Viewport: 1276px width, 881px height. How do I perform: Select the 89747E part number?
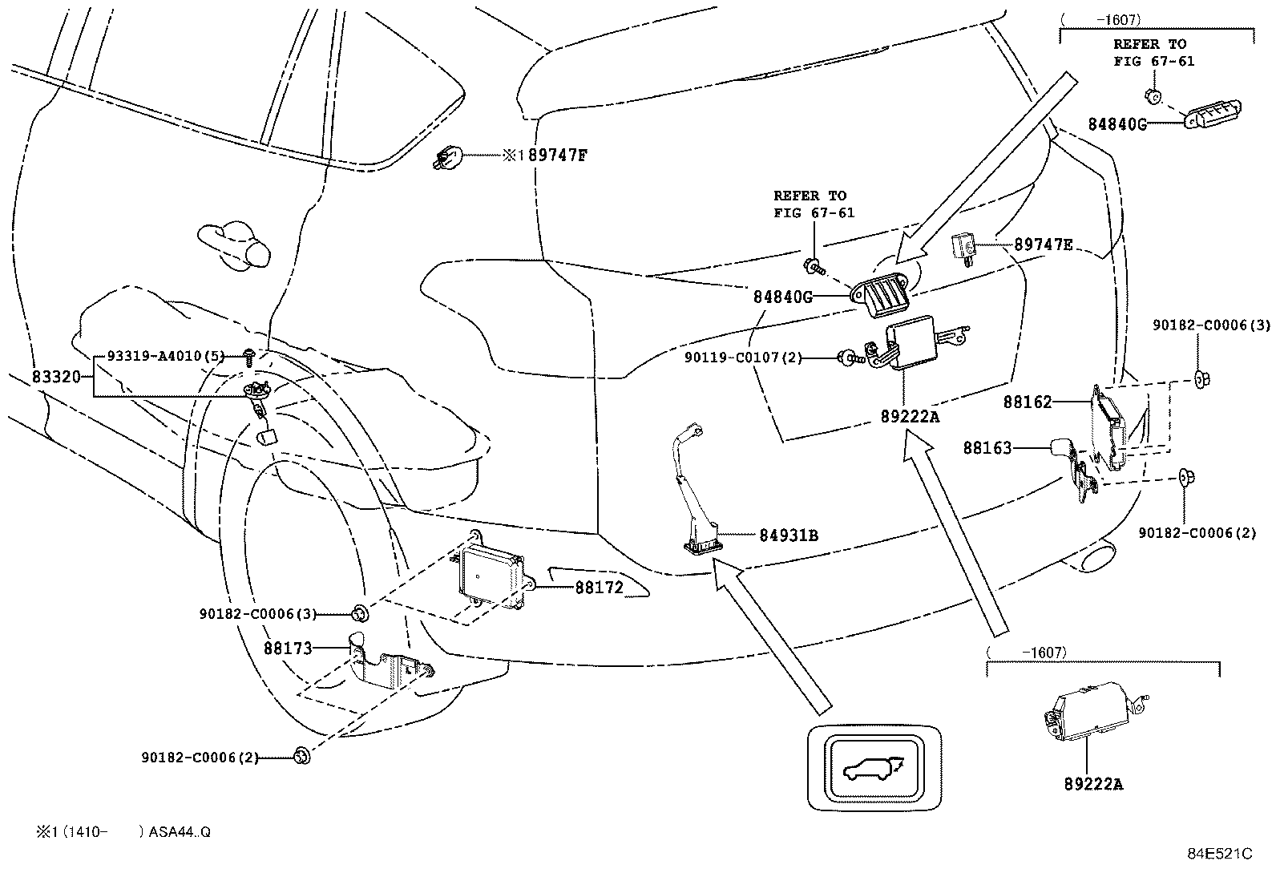[1043, 244]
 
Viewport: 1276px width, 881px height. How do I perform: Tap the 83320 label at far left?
[56, 376]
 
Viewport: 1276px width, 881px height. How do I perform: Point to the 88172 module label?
[599, 588]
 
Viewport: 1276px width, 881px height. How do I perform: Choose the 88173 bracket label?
[288, 648]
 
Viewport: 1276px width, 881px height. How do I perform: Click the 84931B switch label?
[789, 535]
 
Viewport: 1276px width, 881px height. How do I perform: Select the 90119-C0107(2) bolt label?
[743, 357]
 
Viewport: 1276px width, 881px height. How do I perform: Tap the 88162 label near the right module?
[1027, 402]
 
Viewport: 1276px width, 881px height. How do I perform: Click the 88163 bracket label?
[987, 448]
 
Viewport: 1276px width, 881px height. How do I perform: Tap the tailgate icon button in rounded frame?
[874, 768]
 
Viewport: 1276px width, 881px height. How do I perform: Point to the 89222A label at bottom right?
[1093, 784]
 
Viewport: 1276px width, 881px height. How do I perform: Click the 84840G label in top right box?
[1116, 124]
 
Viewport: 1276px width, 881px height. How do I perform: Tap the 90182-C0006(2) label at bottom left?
[200, 757]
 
